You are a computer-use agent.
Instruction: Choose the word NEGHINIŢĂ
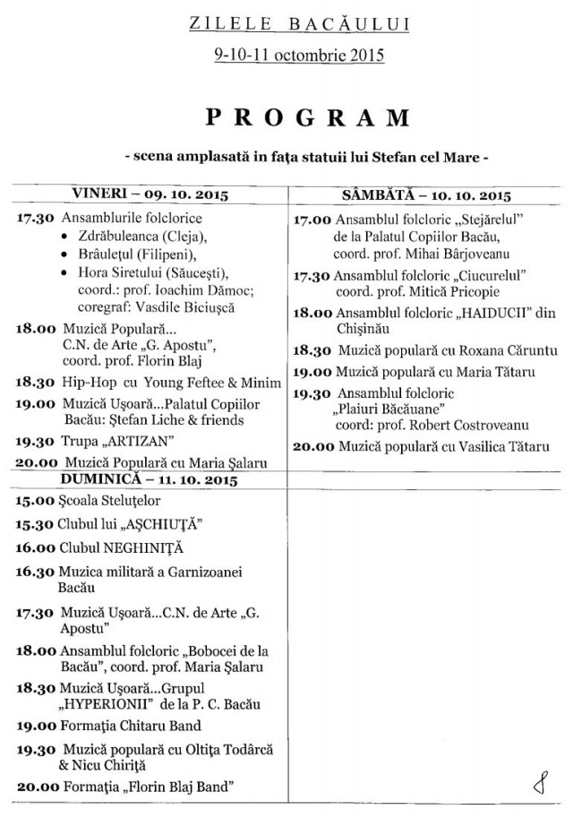(x=141, y=547)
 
